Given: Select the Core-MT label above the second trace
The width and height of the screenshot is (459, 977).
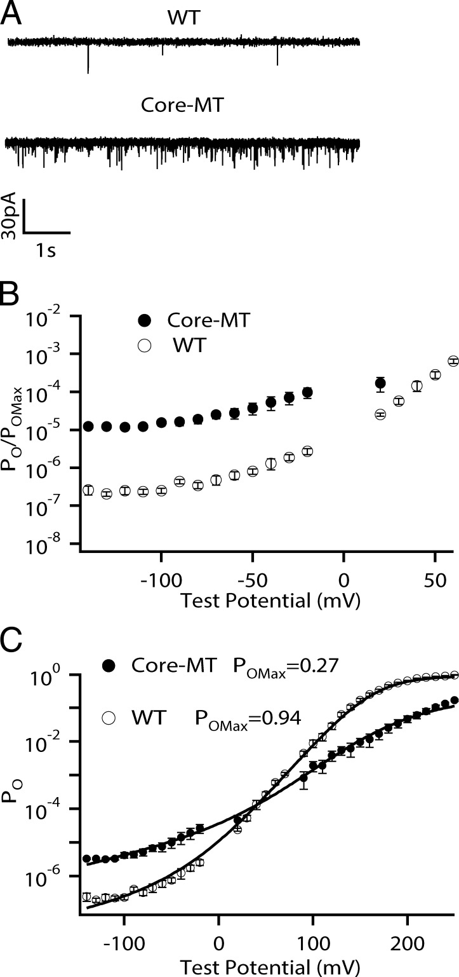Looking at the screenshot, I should pyautogui.click(x=182, y=105).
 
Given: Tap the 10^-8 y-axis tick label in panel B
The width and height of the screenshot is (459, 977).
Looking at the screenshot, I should pyautogui.click(x=51, y=544).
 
